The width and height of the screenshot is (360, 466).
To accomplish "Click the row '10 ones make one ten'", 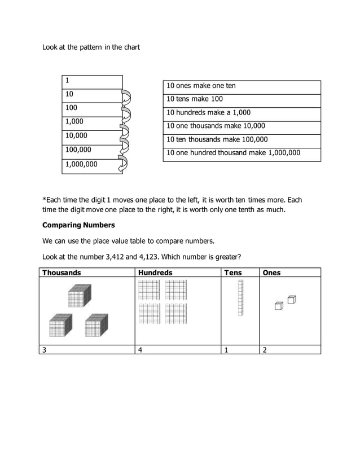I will click(242, 86).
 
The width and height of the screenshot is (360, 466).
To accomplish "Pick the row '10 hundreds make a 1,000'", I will click(242, 113).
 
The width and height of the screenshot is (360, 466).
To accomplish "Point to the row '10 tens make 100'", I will click(242, 99).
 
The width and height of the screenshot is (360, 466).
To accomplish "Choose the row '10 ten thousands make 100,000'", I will click(242, 140).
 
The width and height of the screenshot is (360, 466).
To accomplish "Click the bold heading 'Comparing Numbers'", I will click(78, 225).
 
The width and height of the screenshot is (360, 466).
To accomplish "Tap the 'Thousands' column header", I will click(62, 273).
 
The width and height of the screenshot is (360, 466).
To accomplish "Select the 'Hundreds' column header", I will click(155, 273).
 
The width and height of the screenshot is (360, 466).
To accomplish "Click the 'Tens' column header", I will click(232, 273).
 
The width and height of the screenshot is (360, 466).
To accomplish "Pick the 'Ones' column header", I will click(271, 273).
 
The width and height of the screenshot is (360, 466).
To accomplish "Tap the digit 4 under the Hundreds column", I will click(139, 350).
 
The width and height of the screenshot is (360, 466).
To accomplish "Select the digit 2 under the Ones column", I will click(264, 350).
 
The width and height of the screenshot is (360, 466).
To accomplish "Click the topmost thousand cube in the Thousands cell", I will click(79, 296).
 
